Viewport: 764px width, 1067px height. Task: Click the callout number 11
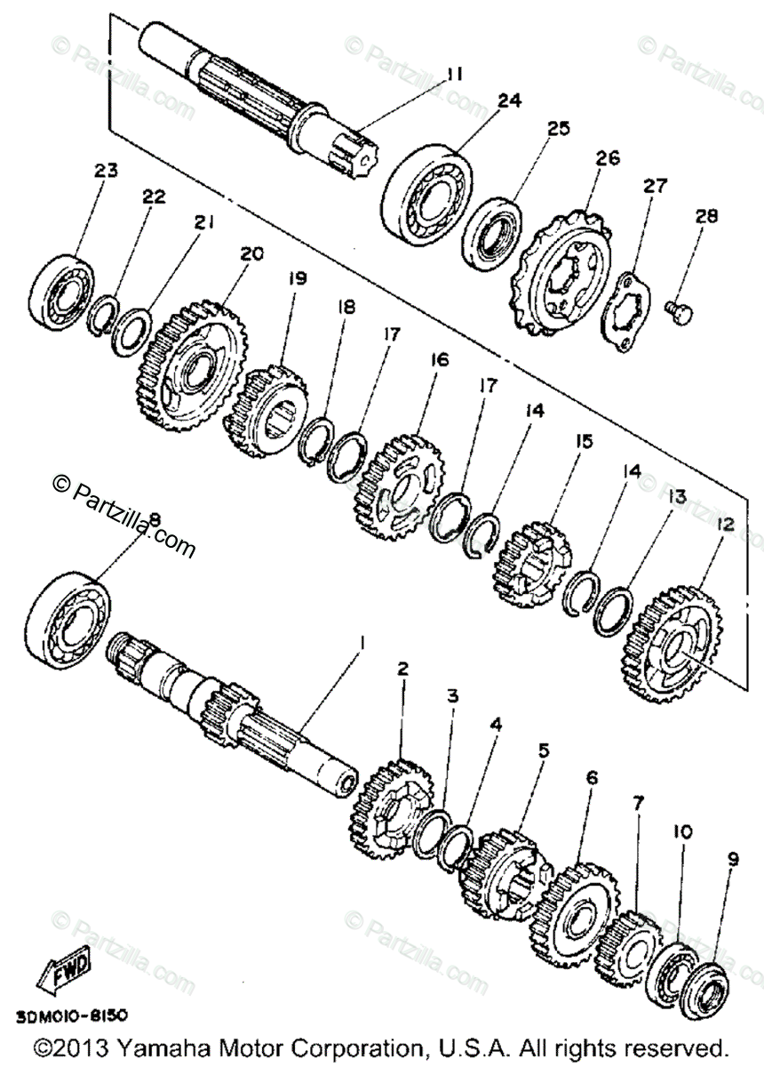(x=454, y=75)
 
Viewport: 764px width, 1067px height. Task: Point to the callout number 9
(x=732, y=859)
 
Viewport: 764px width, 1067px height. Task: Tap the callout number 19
(x=296, y=278)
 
